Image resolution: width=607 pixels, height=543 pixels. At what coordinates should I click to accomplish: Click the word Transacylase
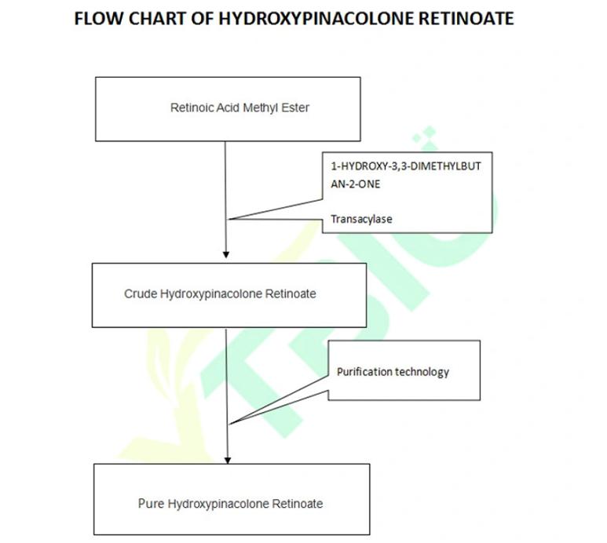point(361,220)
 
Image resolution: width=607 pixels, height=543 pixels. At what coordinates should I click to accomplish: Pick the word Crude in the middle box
point(141,294)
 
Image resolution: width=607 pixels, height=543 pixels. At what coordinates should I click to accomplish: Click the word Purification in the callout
point(364,371)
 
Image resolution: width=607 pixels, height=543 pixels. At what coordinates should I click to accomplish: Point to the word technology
point(422,371)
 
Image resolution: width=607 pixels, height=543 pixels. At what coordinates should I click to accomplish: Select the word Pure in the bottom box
point(151,504)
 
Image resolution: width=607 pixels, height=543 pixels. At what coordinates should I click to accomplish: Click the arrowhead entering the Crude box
point(226,254)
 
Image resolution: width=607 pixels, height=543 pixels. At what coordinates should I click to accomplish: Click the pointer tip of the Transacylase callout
point(227,220)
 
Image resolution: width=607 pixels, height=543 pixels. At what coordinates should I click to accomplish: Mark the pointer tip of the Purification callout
point(229,425)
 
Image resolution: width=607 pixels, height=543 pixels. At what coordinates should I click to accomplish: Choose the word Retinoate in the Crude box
point(291,294)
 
